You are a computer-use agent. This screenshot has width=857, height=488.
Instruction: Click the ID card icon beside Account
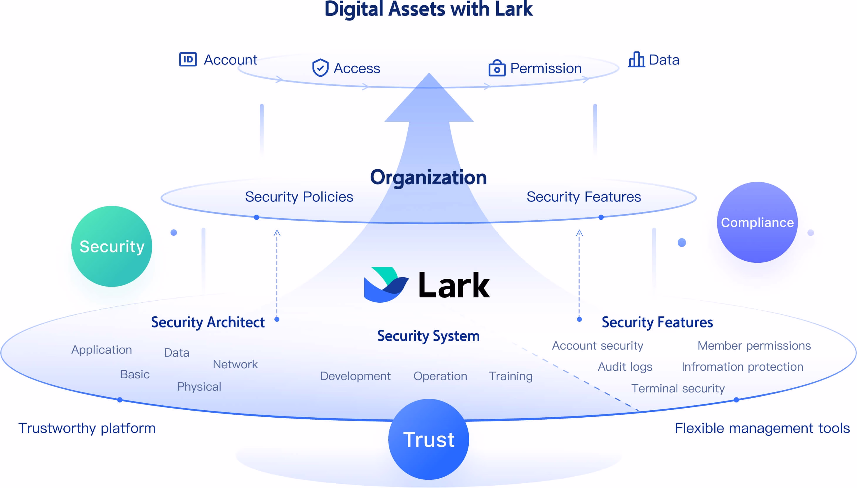188,60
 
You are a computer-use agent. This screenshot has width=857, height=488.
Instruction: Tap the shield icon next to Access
320,68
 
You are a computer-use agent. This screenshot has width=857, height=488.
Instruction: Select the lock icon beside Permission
497,68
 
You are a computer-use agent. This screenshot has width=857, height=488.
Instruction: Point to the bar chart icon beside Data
636,59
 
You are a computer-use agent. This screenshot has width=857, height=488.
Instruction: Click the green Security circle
112,246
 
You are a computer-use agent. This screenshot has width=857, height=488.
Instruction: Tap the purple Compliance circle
758,222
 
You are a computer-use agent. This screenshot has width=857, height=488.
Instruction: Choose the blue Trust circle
429,439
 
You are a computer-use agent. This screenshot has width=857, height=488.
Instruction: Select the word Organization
428,177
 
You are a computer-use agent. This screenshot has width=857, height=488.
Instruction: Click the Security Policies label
299,197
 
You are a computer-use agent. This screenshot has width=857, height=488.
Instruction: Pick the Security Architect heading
208,322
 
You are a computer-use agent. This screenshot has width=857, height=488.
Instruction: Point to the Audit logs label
625,367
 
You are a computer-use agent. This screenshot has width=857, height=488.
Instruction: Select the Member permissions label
754,345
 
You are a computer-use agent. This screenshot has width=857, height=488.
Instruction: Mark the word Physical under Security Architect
199,387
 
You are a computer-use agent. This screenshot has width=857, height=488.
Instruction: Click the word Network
235,364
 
